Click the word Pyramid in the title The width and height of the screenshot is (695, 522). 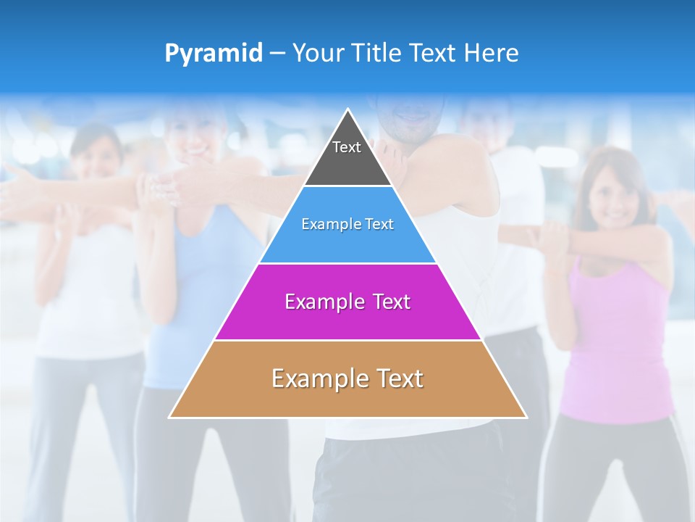[x=213, y=54]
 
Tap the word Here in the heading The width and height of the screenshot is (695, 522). [x=492, y=53]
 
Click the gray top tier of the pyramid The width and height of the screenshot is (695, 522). [x=347, y=163]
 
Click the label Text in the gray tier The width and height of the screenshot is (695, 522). [x=347, y=147]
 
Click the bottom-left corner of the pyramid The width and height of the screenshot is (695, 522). [x=169, y=417]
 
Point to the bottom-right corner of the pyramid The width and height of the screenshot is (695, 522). [x=526, y=417]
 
